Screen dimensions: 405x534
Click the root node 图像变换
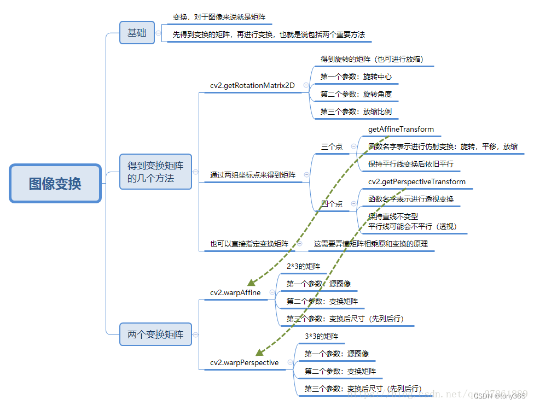pos(55,184)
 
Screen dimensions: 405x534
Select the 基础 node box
pos(137,33)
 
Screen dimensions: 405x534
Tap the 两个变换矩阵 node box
pos(155,334)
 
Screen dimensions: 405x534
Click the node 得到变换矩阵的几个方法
pos(155,171)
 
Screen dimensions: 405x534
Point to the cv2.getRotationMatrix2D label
pos(252,85)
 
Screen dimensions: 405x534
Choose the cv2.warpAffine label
pos(235,292)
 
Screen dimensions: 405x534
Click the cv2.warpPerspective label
pos(244,362)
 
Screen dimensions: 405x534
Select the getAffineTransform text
pos(401,130)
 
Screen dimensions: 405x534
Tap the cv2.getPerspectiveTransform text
pos(417,181)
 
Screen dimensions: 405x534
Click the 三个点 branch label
pos(332,146)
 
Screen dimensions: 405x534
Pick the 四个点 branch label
pos(332,204)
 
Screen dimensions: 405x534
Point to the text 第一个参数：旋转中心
pos(356,77)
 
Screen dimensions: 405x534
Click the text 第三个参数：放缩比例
pos(356,111)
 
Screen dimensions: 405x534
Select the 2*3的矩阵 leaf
pos(303,266)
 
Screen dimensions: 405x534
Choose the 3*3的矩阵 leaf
pos(321,336)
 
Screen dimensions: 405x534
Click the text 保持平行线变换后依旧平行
pos(410,164)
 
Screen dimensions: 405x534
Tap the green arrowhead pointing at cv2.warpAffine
pos(252,282)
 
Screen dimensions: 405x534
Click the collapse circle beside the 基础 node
pos(158,33)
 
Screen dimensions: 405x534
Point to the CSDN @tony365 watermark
pos(499,396)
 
